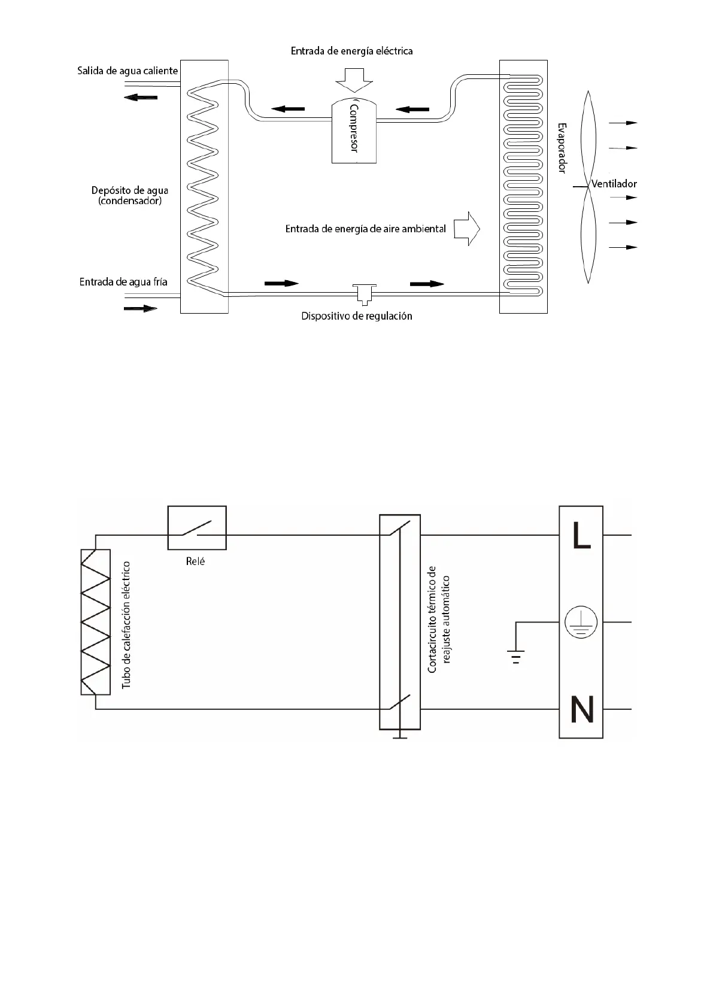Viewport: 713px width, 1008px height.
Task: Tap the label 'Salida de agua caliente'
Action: tap(128, 71)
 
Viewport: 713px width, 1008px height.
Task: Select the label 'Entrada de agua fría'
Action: tap(123, 281)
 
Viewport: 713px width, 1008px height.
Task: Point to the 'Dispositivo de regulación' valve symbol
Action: tap(362, 293)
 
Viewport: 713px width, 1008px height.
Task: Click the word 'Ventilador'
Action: tap(614, 184)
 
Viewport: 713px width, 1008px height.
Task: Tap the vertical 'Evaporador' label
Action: tap(562, 148)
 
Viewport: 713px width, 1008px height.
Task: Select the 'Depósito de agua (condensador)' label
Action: tap(130, 196)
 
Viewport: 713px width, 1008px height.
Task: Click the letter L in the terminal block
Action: tap(581, 536)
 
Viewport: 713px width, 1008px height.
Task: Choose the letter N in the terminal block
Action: tap(581, 709)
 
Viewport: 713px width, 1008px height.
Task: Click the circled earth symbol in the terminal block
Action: tap(581, 623)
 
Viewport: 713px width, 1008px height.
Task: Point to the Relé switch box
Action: tap(197, 527)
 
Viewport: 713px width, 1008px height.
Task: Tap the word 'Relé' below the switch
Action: tap(195, 562)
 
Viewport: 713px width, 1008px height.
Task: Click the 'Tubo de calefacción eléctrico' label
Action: tap(126, 624)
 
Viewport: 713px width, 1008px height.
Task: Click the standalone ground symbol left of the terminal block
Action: tap(515, 656)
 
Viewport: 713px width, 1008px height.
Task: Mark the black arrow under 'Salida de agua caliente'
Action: tap(141, 98)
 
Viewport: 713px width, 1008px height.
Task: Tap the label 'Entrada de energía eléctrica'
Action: tap(351, 51)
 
